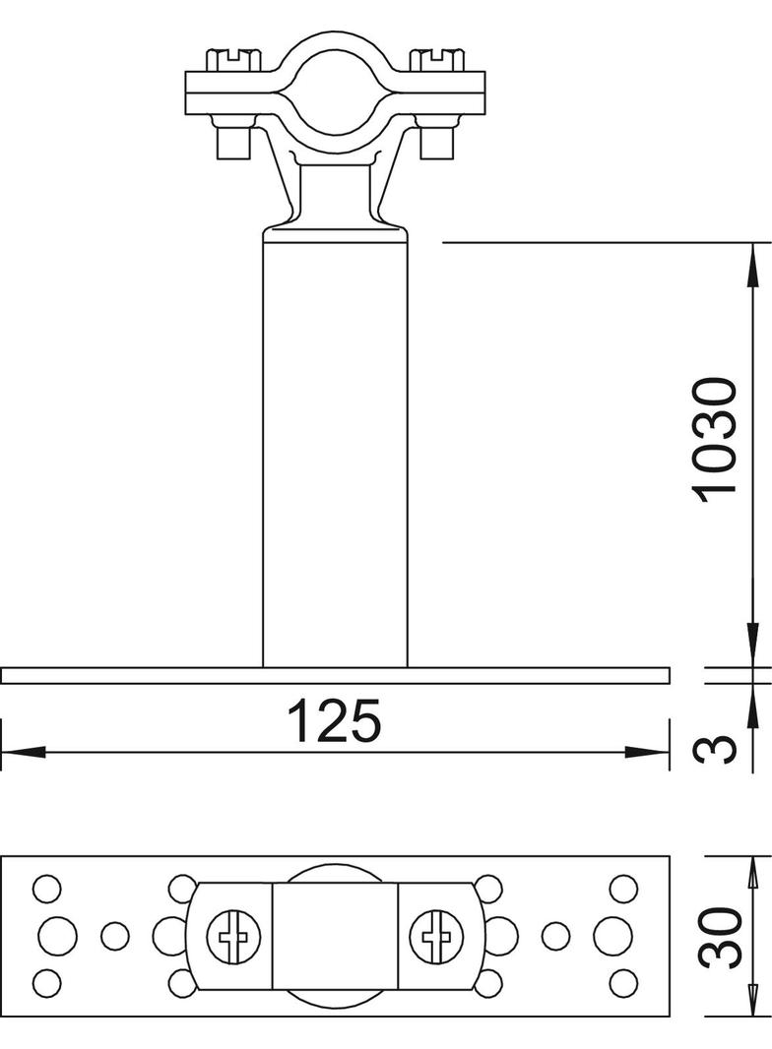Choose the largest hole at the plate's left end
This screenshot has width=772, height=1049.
pyautogui.click(x=57, y=935)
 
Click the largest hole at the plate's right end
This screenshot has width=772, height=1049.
pyautogui.click(x=612, y=935)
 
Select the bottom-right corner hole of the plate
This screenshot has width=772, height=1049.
pyautogui.click(x=623, y=981)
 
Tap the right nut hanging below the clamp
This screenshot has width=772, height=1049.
pyautogui.click(x=436, y=141)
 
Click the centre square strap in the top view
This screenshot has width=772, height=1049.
pyautogui.click(x=335, y=935)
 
